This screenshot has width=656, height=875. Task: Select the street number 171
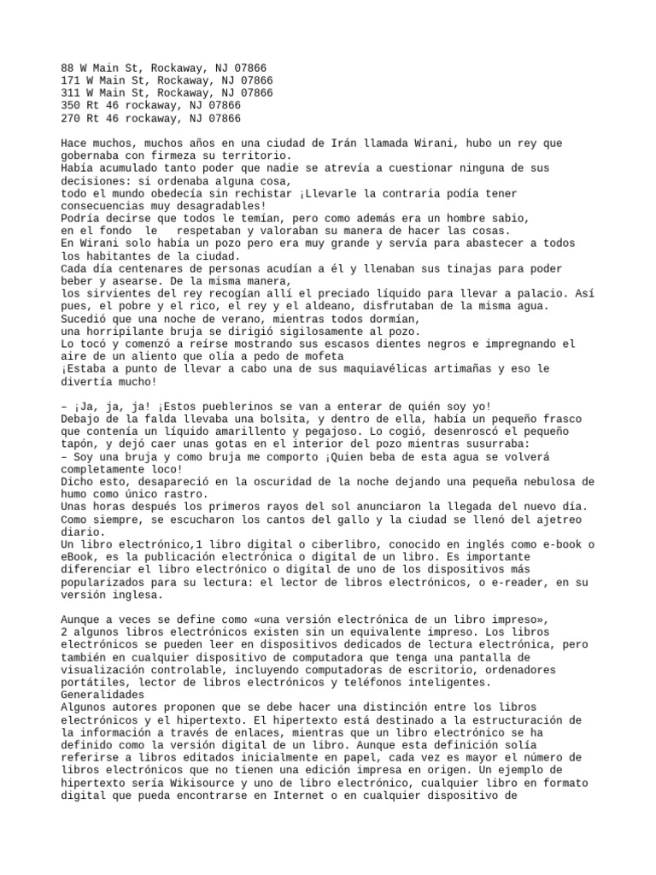coord(71,80)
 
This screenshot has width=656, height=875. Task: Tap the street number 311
coord(71,93)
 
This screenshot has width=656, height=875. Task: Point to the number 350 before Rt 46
coord(71,105)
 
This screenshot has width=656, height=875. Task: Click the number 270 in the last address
coord(71,118)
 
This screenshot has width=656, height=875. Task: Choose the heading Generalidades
coord(102,695)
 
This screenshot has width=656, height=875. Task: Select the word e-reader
coord(509,582)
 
